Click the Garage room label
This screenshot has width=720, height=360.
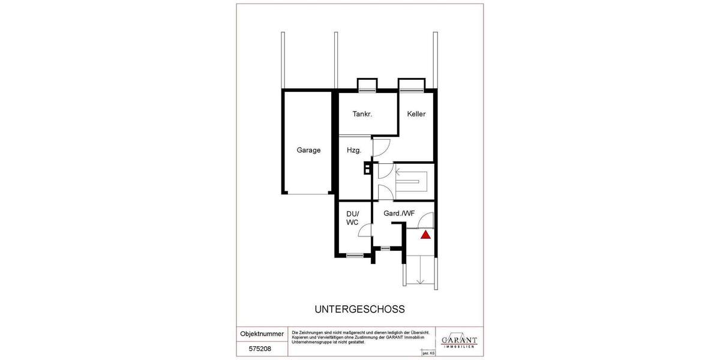coord(308,150)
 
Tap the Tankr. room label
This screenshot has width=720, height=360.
coord(362,114)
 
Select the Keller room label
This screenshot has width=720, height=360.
coord(416,114)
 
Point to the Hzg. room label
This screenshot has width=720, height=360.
coord(353,150)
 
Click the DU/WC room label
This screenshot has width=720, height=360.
coord(352,218)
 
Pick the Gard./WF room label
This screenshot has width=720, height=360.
coord(399,214)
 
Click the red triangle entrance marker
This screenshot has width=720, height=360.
coord(425,235)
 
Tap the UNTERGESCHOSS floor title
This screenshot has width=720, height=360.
coord(359,310)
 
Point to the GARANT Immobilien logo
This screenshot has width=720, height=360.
coord(459,340)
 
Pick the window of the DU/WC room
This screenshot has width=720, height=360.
coord(355,255)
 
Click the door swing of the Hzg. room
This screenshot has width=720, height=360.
coord(382,148)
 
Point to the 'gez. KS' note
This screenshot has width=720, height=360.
coord(428,353)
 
